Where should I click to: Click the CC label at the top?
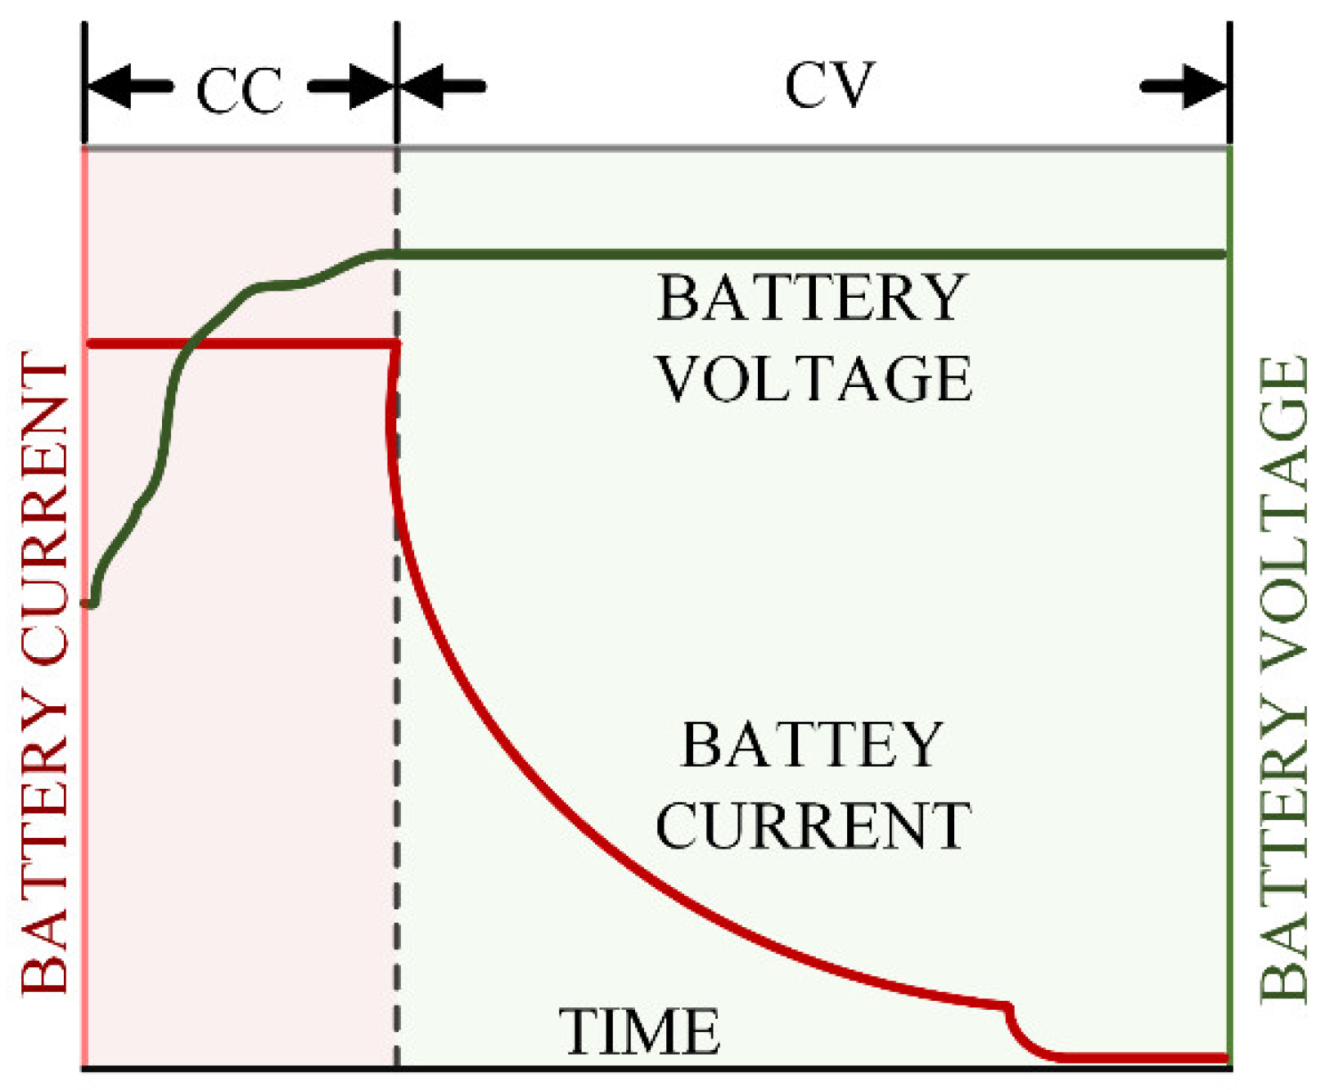239,90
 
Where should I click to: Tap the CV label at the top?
829,85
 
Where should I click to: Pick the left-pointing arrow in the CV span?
443,85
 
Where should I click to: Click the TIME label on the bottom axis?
639,1031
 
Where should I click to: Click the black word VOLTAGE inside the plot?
814,379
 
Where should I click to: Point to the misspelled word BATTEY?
812,745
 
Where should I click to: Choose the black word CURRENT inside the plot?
813,826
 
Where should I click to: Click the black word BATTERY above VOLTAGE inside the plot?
812,298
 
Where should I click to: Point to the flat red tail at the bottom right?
1146,1057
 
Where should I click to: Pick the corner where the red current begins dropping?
397,345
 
